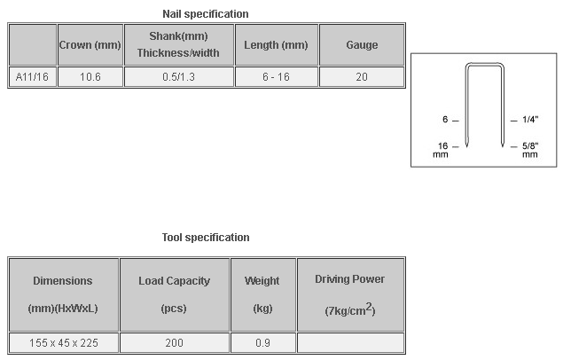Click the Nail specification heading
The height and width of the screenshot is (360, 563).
click(206, 14)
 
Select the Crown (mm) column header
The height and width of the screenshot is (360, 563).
click(90, 45)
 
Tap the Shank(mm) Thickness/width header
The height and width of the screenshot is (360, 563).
click(178, 44)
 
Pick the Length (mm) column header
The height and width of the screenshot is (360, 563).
click(276, 45)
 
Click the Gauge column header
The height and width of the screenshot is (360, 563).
click(362, 45)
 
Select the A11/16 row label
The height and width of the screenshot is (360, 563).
click(32, 77)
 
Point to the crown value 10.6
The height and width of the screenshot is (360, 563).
click(90, 77)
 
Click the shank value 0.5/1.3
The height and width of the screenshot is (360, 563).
click(178, 77)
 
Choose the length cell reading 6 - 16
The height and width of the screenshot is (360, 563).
click(276, 77)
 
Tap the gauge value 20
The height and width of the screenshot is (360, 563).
click(362, 77)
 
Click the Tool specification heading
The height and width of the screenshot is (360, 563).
click(206, 238)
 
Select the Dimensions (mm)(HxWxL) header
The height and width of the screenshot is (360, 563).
click(63, 294)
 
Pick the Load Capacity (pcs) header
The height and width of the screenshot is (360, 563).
click(174, 294)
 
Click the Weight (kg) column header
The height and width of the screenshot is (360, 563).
click(262, 294)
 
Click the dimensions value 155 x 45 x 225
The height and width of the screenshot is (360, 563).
click(64, 343)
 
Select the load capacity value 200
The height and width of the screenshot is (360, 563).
click(174, 343)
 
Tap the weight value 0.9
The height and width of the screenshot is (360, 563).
click(262, 343)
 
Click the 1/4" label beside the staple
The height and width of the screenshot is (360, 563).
click(530, 120)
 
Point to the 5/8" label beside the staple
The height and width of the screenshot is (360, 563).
click(530, 145)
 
